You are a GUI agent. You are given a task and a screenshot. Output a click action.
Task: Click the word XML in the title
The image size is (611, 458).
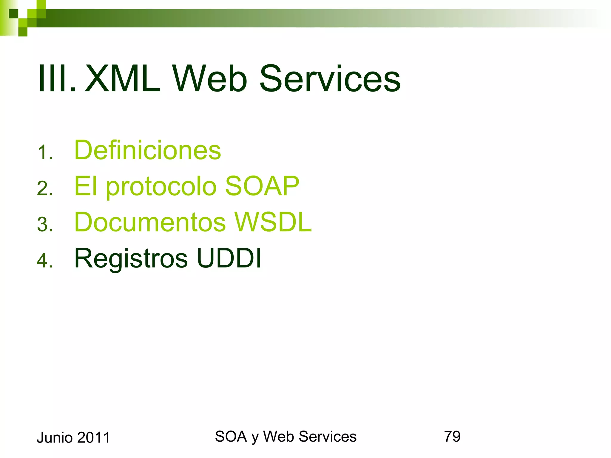click(122, 79)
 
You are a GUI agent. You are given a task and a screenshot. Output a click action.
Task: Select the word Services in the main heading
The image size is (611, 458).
click(330, 79)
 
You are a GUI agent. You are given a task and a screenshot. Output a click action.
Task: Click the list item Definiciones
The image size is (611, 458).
click(147, 150)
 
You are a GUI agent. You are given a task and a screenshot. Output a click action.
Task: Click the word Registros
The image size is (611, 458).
click(131, 258)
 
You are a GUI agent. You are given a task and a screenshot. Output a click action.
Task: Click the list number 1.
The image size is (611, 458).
click(45, 153)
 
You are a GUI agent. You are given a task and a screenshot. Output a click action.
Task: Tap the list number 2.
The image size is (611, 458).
click(45, 189)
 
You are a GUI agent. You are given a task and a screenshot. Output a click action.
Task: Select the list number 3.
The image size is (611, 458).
click(45, 225)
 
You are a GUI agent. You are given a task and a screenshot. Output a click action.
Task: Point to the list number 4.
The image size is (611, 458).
click(45, 261)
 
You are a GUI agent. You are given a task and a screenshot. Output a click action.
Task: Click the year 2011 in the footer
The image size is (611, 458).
click(93, 437)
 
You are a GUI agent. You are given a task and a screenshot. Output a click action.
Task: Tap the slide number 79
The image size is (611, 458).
click(452, 437)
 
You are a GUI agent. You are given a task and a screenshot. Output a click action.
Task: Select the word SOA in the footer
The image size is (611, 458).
click(231, 437)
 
